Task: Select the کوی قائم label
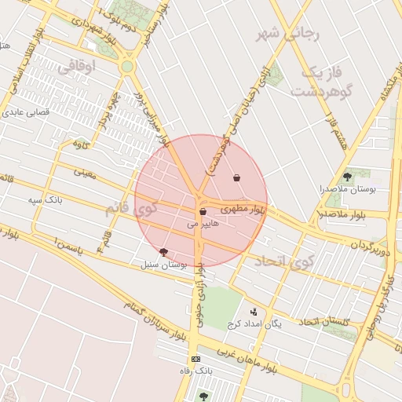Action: (130, 210)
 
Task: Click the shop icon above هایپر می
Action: (203, 212)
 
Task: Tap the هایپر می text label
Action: (199, 224)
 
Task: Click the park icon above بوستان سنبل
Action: (163, 252)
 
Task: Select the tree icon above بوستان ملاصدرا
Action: (348, 177)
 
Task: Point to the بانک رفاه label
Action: (196, 370)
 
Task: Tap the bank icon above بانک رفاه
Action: (196, 359)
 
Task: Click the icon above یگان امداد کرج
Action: (253, 312)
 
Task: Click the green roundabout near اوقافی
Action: (126, 67)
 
